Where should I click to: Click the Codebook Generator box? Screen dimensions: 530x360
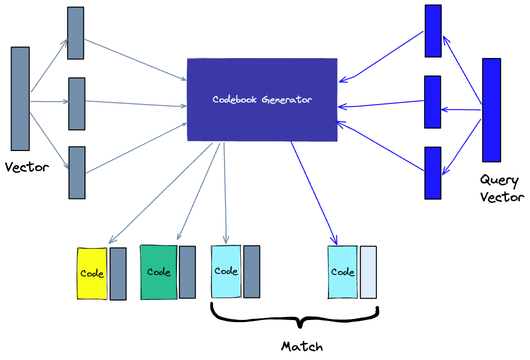262,99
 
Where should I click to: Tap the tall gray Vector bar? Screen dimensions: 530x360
20,98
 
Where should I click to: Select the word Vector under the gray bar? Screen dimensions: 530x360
27,167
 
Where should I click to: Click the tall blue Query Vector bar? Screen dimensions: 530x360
491,110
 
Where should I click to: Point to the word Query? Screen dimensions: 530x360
499,180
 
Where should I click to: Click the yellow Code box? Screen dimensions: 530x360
92,273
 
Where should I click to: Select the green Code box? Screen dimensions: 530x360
159,272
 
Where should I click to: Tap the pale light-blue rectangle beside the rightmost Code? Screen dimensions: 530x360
368,272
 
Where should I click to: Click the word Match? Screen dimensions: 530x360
302,346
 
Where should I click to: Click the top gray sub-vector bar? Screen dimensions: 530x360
75,33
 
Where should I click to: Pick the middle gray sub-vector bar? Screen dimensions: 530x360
76,104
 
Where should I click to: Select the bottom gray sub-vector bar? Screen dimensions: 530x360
77,172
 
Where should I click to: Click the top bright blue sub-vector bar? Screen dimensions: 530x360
433,31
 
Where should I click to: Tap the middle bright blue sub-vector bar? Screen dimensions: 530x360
432,102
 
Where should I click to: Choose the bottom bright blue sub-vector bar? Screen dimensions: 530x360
433,173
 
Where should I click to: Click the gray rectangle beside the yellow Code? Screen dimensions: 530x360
118,274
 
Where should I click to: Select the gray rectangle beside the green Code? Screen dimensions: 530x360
187,272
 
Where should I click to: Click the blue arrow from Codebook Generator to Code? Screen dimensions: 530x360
314,193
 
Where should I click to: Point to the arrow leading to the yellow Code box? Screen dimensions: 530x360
160,193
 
